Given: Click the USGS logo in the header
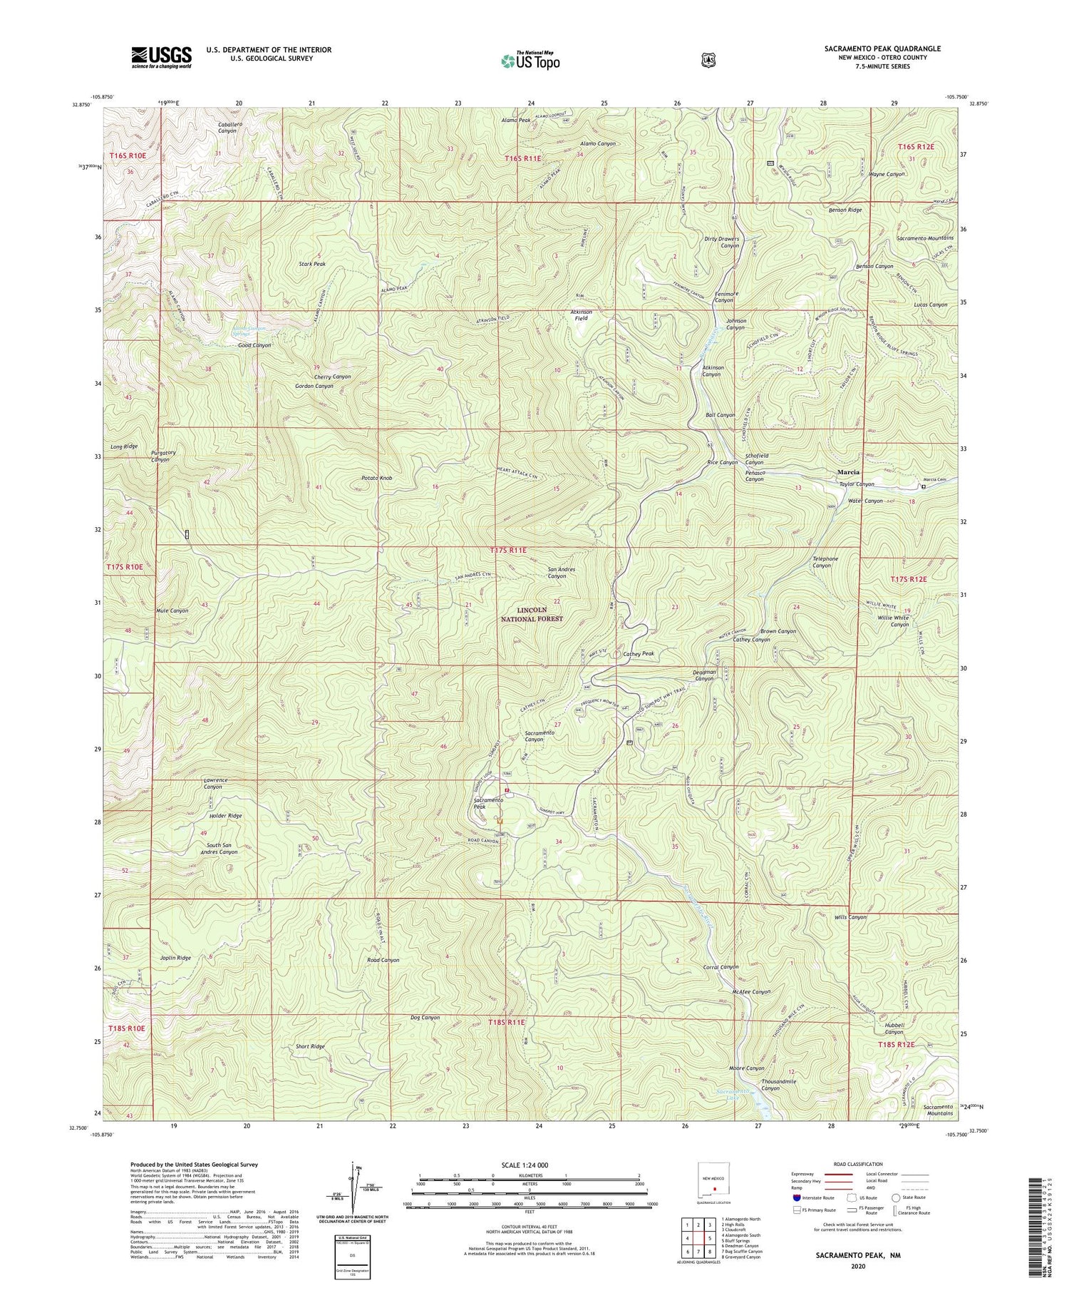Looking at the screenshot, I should click(161, 57).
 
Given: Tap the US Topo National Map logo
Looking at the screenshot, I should click(530, 60).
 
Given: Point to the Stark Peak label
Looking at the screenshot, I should click(312, 264).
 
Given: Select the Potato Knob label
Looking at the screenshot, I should click(376, 478).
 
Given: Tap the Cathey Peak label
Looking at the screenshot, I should click(639, 653).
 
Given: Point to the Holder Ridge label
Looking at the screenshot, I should click(225, 815).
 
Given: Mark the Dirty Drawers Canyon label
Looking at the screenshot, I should click(721, 242).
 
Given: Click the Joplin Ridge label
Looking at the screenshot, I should click(174, 958).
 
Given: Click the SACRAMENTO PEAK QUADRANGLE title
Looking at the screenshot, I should click(882, 48).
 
